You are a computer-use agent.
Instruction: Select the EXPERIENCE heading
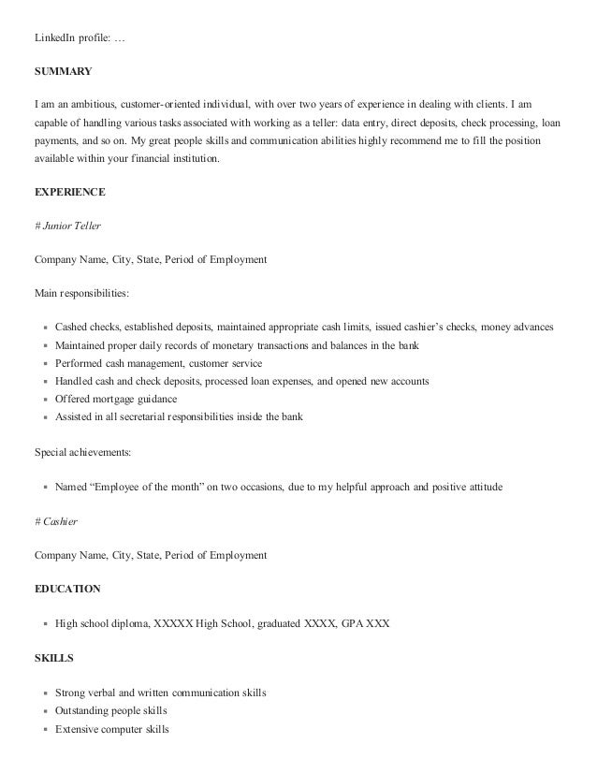coord(69,192)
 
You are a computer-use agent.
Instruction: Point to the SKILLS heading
coord(53,658)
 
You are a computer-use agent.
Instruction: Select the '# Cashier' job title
coord(55,521)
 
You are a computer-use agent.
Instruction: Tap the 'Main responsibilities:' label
coord(81,293)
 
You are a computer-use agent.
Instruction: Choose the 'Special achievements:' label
coord(82,453)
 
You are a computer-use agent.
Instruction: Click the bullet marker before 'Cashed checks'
coord(45,328)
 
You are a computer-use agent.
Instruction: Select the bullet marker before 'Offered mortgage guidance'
coord(45,400)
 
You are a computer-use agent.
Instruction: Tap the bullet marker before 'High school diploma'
coord(45,624)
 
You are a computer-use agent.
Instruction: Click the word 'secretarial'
coord(147,416)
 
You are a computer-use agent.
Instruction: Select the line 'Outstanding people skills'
coord(113,710)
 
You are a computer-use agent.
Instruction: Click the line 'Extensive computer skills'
coord(112,728)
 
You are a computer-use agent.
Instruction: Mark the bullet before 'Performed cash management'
coord(45,364)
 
